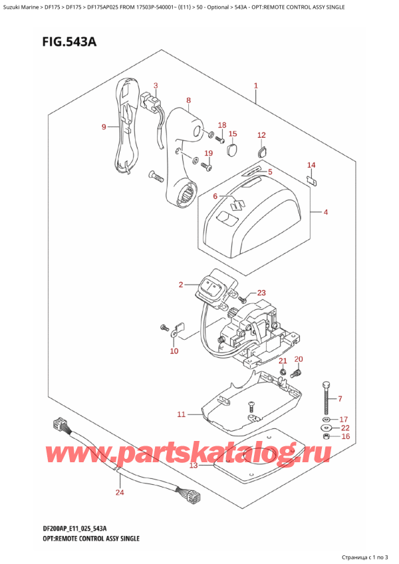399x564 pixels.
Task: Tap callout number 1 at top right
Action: tap(255, 86)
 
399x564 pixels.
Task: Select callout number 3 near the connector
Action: tap(156, 85)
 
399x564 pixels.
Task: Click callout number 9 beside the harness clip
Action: tap(104, 127)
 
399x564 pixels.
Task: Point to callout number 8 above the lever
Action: tap(189, 100)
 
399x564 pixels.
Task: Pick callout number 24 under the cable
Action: tap(120, 493)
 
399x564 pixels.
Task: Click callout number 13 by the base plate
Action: tap(194, 466)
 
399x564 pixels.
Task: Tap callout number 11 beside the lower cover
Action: tap(181, 415)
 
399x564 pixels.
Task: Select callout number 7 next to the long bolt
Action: tap(339, 399)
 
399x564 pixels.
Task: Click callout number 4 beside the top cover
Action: tap(326, 213)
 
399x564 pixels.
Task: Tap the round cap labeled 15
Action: tap(232, 150)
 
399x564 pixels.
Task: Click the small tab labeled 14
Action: tap(311, 178)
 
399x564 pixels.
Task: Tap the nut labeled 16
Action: tap(325, 436)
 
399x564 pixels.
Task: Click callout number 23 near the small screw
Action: tap(261, 293)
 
